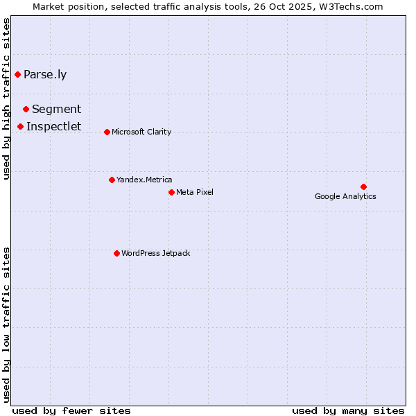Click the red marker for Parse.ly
(17, 74)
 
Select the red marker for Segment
(26, 109)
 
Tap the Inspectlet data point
(21, 126)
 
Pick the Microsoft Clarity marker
(107, 132)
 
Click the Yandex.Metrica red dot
(112, 180)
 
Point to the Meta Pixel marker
(171, 192)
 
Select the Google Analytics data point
(363, 187)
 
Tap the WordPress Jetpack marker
(116, 253)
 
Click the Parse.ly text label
(45, 75)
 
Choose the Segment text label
(56, 109)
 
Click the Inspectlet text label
(53, 126)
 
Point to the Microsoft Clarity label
(141, 132)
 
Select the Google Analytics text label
(345, 196)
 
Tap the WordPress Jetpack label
(155, 253)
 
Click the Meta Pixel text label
(195, 192)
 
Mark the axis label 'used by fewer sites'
(71, 410)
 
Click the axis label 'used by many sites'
(348, 410)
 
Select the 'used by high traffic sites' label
(6, 98)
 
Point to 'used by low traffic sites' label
(6, 324)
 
